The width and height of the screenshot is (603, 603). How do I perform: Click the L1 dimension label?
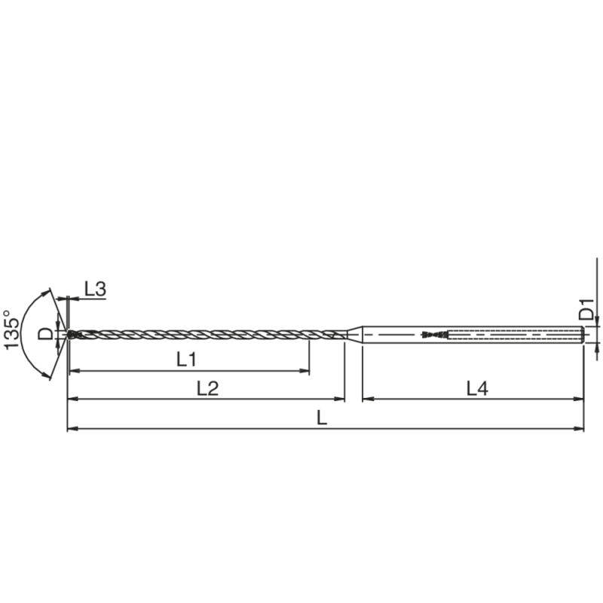186,360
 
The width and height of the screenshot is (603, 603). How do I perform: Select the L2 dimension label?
207,388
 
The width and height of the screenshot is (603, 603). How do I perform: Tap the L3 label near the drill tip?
95,289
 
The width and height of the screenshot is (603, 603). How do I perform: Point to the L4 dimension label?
477,388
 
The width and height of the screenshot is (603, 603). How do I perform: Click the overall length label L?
322,418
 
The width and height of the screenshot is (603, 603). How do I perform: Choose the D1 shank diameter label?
587,310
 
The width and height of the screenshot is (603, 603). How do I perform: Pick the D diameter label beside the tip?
46,334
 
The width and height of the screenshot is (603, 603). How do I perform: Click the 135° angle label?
11,329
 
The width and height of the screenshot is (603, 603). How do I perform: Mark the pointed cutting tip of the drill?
68,334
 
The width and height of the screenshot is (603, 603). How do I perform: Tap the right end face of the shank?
584,334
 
